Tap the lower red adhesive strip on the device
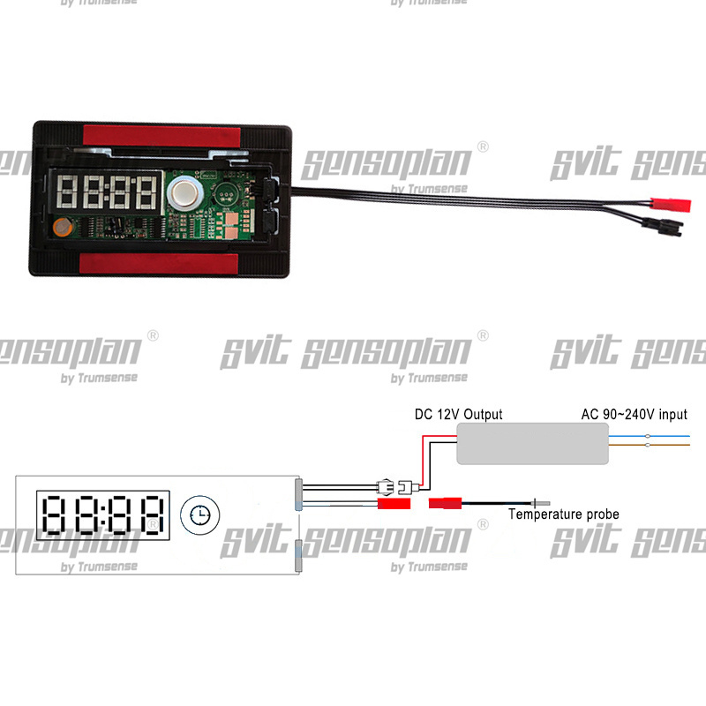click(160, 262)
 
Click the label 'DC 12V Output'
click(458, 414)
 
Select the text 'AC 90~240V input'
click(634, 414)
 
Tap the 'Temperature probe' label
click(564, 514)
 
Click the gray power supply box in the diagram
click(532, 443)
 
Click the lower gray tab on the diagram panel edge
click(299, 555)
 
